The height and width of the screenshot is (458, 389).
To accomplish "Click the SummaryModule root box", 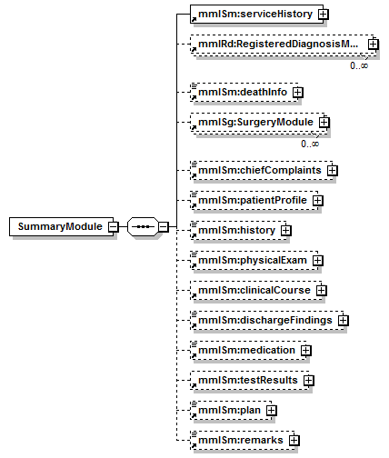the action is pos(61,226).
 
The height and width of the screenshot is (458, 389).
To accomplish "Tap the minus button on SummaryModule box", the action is pos(114,226).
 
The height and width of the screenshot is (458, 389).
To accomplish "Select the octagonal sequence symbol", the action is pos(143,226).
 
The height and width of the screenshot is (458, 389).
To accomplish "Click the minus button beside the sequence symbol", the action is pos(164,226).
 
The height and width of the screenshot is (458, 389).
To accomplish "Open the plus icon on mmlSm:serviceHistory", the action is pos(324,15).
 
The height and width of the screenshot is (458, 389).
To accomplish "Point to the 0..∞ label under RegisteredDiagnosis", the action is pos(359,65).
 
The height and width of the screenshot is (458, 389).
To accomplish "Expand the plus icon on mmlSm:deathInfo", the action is pos(298,93).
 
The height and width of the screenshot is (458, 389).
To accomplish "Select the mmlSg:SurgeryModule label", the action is pos(255,122).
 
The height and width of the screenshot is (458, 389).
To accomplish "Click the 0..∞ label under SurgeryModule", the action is pos(310,144).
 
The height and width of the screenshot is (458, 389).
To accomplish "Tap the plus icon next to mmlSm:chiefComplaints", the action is pos(333,170).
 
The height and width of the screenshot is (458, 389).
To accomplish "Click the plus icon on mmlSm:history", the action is pos(286,231).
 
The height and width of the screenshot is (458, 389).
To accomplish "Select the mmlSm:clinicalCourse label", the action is pos(254,290).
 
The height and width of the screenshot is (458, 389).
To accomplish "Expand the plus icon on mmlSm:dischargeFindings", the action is pos(344,321).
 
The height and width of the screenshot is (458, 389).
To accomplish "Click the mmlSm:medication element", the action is pos(248,350).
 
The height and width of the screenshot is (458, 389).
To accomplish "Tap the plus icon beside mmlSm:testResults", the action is pos(309,381).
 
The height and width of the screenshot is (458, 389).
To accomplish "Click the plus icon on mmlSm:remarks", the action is pos(294,441).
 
